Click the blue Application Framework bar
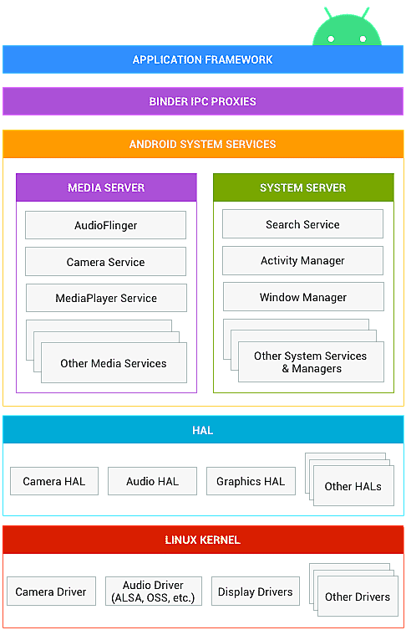[x=203, y=59]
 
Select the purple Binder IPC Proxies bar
[x=203, y=101]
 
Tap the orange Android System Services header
[x=203, y=144]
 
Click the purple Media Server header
[x=106, y=187]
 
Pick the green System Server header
[x=302, y=187]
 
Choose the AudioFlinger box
[x=105, y=225]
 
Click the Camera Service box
[x=105, y=262]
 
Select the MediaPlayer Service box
[x=106, y=298]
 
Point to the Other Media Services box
[x=114, y=363]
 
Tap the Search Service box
[x=302, y=224]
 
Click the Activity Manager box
[x=302, y=261]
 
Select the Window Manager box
[x=302, y=297]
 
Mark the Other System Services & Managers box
[x=310, y=362]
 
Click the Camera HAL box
[x=53, y=481]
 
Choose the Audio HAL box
[x=152, y=481]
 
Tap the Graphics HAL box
[x=251, y=481]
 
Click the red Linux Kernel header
[x=203, y=540]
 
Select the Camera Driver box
[x=51, y=592]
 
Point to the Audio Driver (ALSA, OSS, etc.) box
[x=152, y=592]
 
